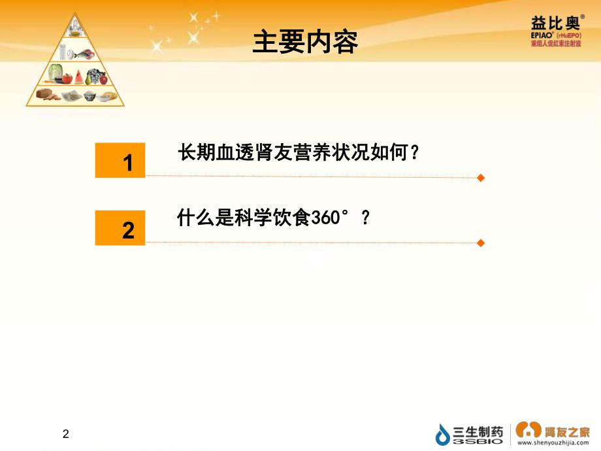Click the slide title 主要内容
point(305,43)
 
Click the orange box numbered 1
point(120,159)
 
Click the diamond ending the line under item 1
point(481,178)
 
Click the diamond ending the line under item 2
point(481,243)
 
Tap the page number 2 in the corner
point(65,434)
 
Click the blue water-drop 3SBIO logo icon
point(444,434)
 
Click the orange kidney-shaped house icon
point(528,429)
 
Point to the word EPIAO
point(543,35)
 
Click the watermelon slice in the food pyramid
point(79,76)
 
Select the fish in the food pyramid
point(85,54)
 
